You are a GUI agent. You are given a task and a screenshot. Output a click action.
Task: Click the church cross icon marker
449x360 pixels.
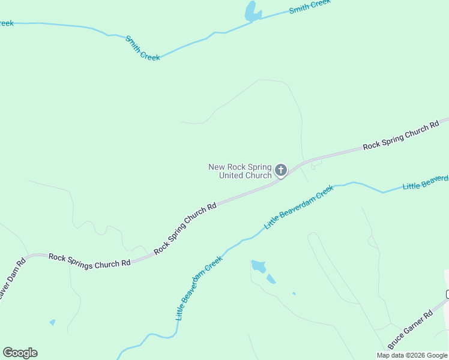pos(280,170)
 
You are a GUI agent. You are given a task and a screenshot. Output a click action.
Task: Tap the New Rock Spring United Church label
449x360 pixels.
pos(240,171)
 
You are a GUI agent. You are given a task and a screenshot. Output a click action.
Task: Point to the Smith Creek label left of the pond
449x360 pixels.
pos(142,48)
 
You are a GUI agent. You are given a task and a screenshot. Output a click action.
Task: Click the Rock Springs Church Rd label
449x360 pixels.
pos(89,260)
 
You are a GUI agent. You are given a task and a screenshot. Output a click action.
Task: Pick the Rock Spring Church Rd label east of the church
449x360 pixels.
pos(401,137)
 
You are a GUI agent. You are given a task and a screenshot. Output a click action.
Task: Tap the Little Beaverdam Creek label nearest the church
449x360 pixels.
pos(299,207)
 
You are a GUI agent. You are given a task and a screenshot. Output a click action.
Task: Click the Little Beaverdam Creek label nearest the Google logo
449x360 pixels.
pos(199,288)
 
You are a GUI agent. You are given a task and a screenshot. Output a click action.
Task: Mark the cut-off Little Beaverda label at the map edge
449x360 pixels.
pos(426,182)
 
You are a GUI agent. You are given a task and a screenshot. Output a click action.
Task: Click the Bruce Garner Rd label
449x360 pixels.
pos(410,330)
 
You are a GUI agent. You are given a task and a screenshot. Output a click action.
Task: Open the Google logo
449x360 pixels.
pos(20,353)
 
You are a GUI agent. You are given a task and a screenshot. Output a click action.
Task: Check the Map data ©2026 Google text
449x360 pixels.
pos(412,355)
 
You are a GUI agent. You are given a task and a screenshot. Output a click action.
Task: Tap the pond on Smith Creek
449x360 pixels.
pos(253,11)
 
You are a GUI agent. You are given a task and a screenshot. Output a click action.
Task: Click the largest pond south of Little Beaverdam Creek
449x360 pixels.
pos(258,266)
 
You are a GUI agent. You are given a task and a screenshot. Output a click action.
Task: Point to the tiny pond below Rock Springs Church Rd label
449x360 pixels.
pos(52,322)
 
